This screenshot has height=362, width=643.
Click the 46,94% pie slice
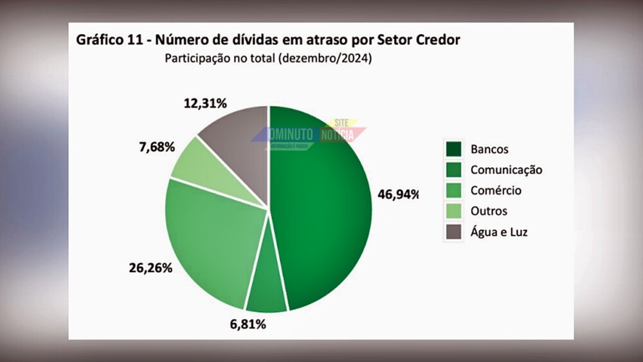(325, 206)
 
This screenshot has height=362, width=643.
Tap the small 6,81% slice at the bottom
(266, 293)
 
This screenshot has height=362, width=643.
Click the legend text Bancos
(489, 149)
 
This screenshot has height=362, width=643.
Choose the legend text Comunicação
(506, 170)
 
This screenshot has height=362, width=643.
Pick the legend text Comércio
(496, 190)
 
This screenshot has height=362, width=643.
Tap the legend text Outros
(489, 211)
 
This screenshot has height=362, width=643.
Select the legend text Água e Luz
(499, 232)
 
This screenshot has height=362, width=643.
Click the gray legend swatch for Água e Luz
(455, 232)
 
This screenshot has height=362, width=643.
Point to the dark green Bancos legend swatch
(455, 149)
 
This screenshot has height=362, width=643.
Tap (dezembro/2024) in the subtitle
(326, 59)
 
